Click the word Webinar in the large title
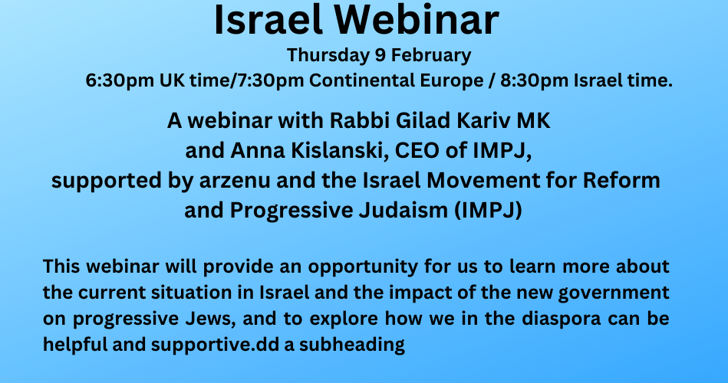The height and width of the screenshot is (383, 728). point(417,19)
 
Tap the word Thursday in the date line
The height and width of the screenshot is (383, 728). point(328,56)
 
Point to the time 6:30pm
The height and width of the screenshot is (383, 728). point(120,80)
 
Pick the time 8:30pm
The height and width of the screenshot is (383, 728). point(535,80)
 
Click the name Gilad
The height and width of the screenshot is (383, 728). point(423,121)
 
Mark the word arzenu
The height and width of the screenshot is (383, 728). point(235,181)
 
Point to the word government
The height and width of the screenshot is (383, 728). point(614,293)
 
